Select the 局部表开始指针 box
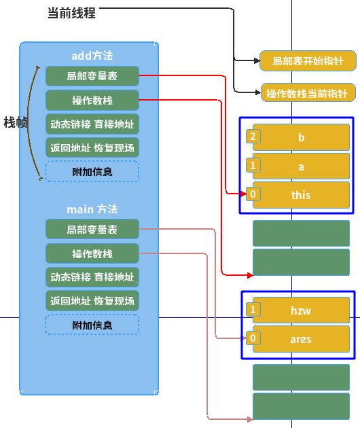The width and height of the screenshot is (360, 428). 308,61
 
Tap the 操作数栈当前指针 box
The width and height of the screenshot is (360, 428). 308,93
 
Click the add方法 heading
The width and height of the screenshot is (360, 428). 92,55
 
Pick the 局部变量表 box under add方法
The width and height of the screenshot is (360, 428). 92,76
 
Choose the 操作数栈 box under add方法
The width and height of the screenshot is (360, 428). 92,101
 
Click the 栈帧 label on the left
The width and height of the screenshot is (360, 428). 15,122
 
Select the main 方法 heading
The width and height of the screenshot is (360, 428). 92,209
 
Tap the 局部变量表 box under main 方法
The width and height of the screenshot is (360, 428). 92,230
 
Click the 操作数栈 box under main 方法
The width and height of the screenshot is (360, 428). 92,254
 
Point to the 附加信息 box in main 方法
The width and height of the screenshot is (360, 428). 92,325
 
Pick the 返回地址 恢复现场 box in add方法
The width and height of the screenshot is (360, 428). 92,147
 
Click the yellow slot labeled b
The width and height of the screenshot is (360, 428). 301,137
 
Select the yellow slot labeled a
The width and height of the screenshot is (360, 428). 301,166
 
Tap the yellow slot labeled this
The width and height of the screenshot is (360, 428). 301,195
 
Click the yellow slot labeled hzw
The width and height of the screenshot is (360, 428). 301,310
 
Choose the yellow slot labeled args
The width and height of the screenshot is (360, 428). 301,339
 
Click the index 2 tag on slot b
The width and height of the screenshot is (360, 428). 253,137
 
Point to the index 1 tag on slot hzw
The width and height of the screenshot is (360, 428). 253,310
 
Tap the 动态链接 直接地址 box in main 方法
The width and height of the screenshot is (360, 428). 92,277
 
